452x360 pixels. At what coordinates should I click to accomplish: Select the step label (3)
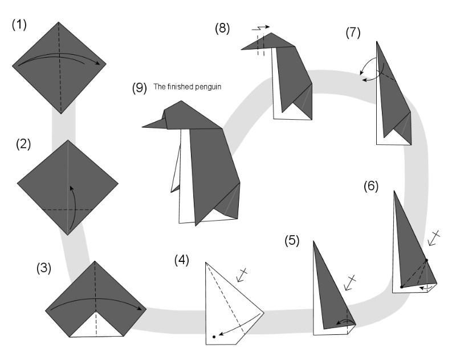tap(44, 267)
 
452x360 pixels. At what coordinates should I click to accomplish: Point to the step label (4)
tap(182, 260)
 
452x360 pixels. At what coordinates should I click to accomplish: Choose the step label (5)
tap(292, 241)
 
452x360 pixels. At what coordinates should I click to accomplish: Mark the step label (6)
tap(371, 185)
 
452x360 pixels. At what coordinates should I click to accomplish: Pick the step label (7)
tap(353, 33)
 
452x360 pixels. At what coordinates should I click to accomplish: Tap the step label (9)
tap(139, 88)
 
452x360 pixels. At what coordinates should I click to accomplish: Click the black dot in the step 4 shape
tap(214, 337)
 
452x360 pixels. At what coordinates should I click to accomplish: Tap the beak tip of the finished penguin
tap(144, 126)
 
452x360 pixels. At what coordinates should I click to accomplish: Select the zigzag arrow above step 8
tap(260, 27)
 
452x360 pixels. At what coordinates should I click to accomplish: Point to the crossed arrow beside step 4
tap(243, 274)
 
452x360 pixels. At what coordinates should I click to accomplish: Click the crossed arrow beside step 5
tap(349, 282)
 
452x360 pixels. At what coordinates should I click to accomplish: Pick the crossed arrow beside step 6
tap(434, 237)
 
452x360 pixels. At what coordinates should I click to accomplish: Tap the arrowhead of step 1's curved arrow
tap(102, 64)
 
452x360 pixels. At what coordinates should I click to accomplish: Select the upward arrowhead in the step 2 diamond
tap(71, 188)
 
